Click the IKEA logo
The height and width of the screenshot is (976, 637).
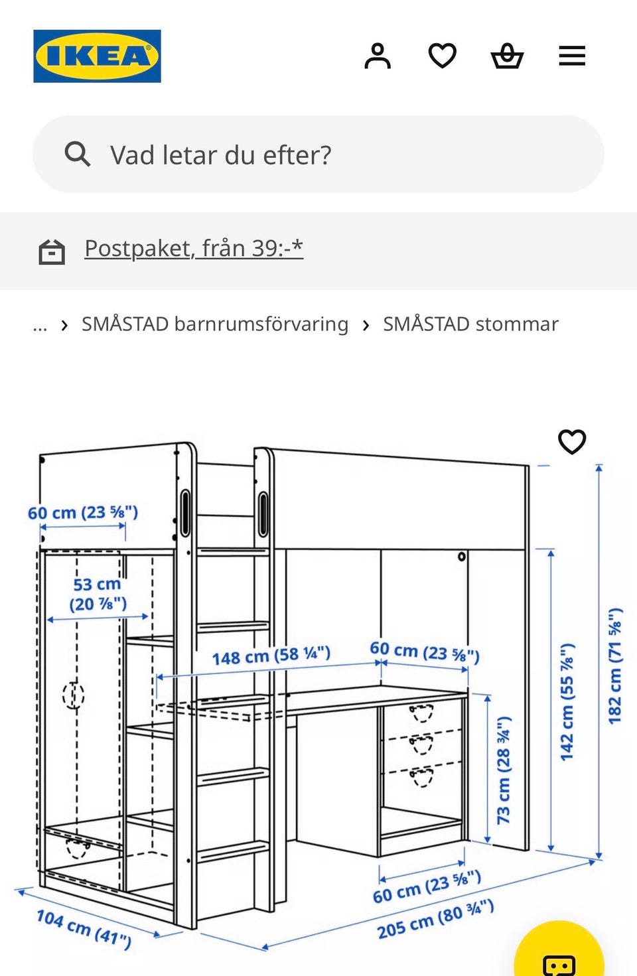tap(97, 56)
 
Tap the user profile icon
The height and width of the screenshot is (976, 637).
tap(378, 56)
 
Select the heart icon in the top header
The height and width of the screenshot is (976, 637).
tap(442, 56)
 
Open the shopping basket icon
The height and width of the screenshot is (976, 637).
tap(507, 56)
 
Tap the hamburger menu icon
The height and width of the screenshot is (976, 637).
tap(572, 56)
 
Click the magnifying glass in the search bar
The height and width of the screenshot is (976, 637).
tap(77, 154)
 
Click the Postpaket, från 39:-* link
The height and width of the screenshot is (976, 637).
tap(194, 249)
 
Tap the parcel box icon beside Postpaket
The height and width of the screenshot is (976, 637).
tap(52, 252)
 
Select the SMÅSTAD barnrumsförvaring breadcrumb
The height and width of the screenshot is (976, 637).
tap(215, 324)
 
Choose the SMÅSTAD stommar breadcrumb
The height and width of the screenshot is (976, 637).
tap(470, 324)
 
